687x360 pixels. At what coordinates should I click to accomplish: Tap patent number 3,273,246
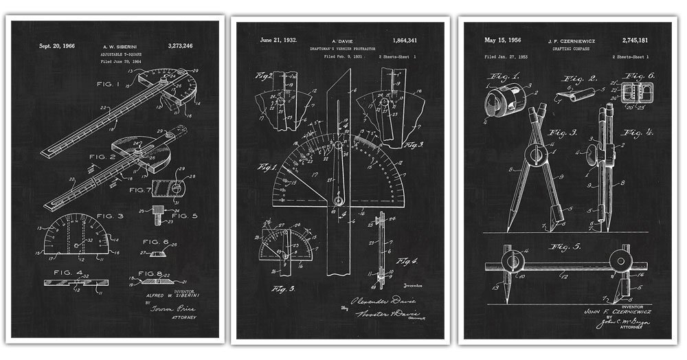pos(180,46)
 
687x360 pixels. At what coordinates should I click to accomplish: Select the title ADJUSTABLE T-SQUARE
pos(118,54)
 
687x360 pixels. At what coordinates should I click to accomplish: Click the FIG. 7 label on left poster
pos(140,190)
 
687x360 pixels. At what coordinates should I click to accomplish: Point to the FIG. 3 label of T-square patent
pos(110,216)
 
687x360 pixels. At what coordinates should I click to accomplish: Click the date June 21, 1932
pos(279,40)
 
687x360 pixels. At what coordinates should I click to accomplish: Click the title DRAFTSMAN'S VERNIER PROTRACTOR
pos(344,48)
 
